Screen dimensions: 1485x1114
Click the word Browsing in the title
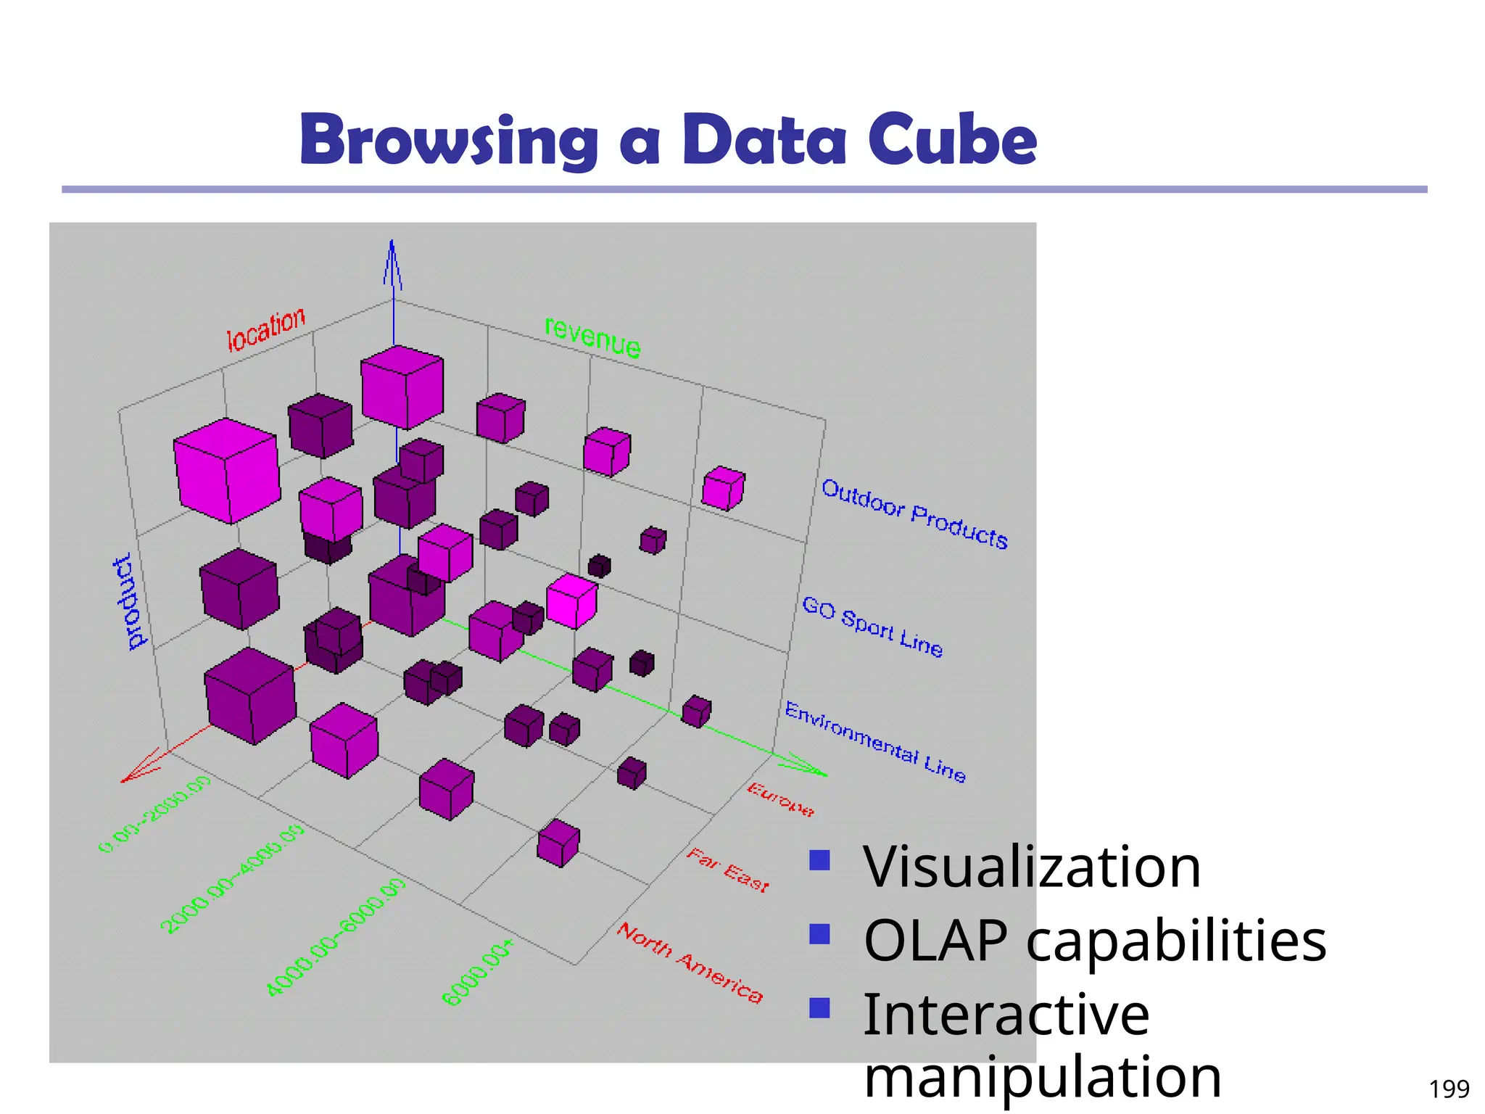pos(449,140)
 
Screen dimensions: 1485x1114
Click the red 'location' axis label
pos(265,330)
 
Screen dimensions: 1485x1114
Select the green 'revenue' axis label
pos(592,338)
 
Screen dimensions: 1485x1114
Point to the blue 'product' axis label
pos(130,602)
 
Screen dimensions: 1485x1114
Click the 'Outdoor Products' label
pos(914,513)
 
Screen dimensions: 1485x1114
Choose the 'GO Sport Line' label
pos(872,626)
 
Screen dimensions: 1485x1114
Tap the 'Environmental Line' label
pos(875,742)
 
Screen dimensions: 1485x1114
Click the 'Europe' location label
pos(781,799)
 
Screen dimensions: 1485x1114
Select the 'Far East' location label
pos(727,870)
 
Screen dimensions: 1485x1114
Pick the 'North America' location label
pos(690,962)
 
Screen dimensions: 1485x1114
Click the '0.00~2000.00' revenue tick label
pos(154,813)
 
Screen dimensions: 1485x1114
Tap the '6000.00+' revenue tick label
pos(478,973)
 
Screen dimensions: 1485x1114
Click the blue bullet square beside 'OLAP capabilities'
pos(819,934)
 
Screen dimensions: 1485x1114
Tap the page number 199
pos(1449,1089)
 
